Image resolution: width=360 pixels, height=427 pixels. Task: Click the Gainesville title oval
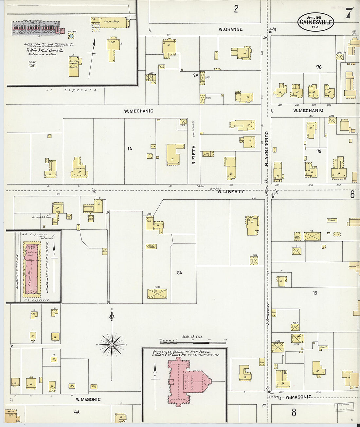315,22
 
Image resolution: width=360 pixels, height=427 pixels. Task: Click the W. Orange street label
231,29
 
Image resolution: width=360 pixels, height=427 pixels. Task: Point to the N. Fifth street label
194,155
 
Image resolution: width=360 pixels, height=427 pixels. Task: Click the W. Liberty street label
231,191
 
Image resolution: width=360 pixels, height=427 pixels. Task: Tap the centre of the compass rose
112,345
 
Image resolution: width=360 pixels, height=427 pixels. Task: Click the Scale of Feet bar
193,342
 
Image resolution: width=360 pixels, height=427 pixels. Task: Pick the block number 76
319,67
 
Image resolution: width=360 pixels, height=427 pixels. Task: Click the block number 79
319,151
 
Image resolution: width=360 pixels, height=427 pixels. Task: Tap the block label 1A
130,149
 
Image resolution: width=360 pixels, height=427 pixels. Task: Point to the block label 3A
179,273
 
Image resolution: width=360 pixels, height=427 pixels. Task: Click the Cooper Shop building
113,22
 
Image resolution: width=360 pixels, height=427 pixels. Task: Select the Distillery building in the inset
74,67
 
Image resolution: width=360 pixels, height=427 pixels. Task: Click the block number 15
315,293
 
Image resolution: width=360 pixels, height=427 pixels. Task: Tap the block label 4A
76,412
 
